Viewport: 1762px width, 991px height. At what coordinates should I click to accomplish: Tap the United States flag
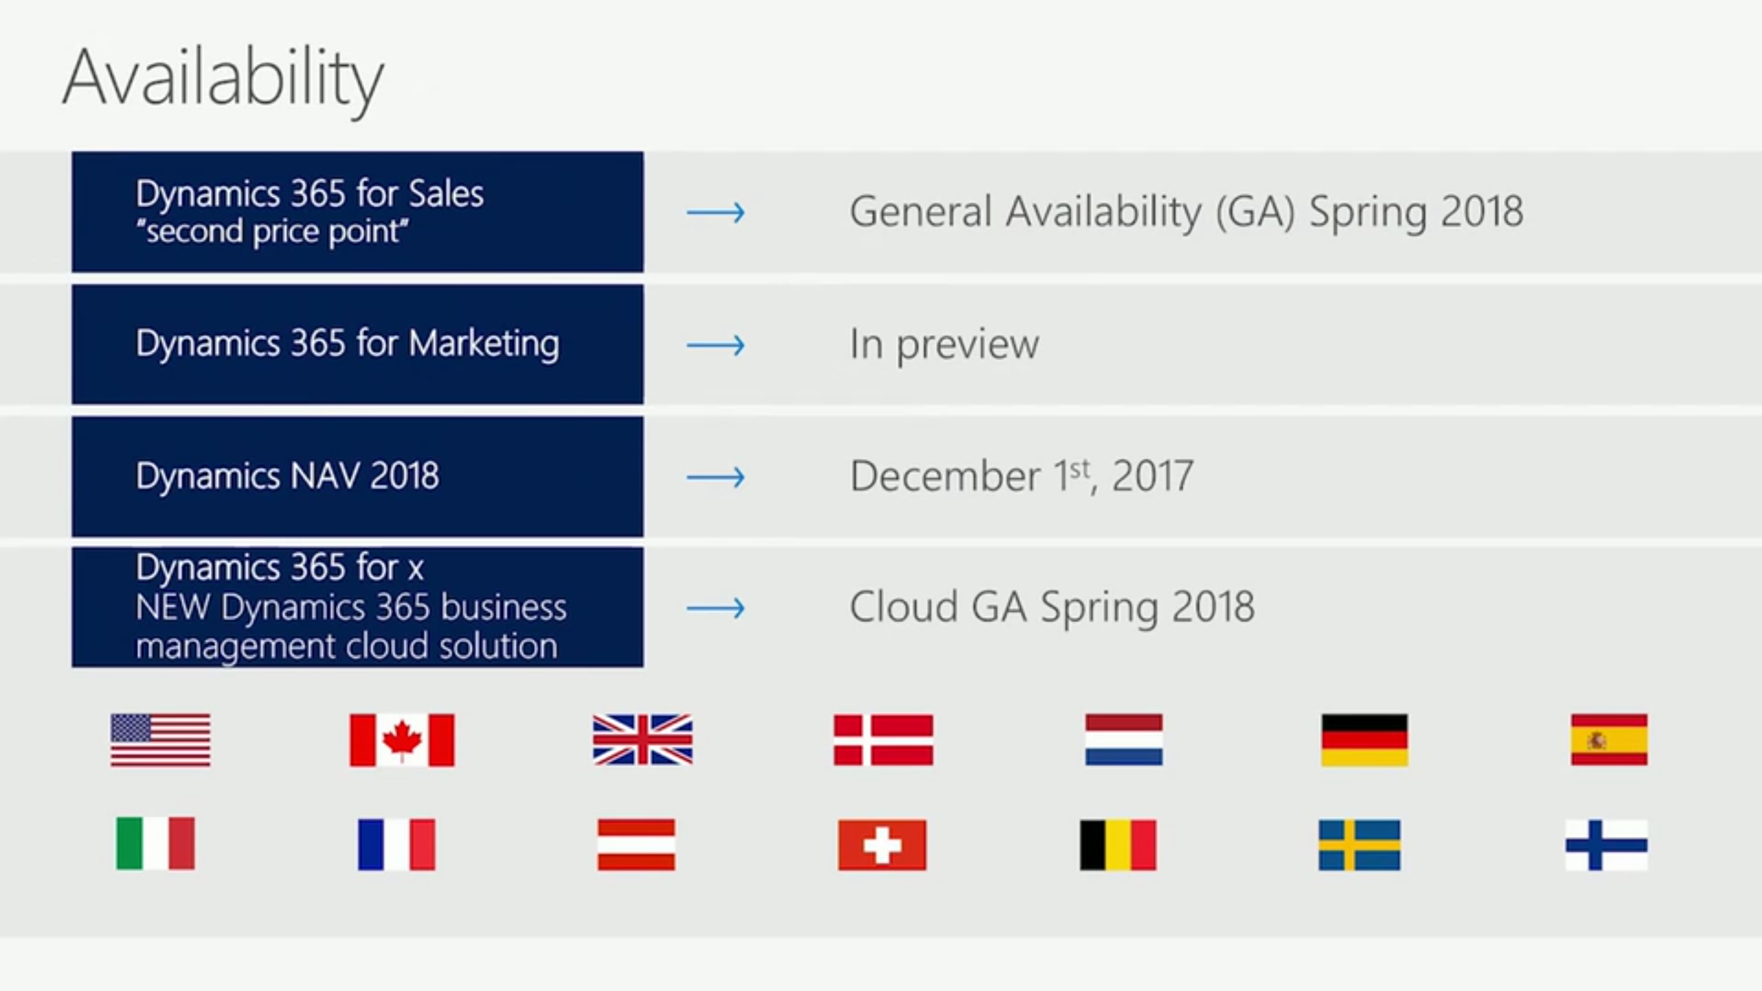[x=160, y=740]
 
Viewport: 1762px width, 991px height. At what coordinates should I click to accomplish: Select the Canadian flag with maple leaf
[x=402, y=740]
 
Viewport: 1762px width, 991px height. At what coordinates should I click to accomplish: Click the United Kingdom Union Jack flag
[x=643, y=740]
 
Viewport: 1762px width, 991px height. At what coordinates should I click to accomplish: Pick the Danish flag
[x=884, y=740]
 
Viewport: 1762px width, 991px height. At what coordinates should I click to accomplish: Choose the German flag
[x=1365, y=740]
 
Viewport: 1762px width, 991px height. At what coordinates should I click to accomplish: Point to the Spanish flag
[x=1609, y=740]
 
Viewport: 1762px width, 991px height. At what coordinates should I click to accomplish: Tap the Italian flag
[x=156, y=844]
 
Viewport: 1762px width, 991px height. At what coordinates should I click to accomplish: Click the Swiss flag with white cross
[x=882, y=845]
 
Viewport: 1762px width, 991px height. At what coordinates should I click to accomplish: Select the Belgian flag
[x=1118, y=845]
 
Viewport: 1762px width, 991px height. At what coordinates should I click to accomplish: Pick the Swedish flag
[x=1359, y=845]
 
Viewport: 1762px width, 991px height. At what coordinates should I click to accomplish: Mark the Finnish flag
[x=1606, y=845]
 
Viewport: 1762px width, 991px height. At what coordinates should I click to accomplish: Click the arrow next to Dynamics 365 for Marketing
[x=716, y=345]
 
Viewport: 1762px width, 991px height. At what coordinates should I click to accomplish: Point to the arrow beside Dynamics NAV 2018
[x=716, y=477]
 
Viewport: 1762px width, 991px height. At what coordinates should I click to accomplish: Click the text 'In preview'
[x=944, y=345]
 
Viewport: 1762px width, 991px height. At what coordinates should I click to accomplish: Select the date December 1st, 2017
[x=1022, y=475]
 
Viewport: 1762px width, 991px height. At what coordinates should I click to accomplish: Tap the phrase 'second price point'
[x=273, y=232]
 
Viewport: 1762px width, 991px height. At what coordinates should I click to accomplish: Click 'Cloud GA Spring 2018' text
[x=1052, y=608]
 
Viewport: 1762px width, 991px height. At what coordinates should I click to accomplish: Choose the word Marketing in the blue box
[x=484, y=344]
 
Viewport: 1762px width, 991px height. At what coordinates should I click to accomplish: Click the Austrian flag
[x=637, y=845]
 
